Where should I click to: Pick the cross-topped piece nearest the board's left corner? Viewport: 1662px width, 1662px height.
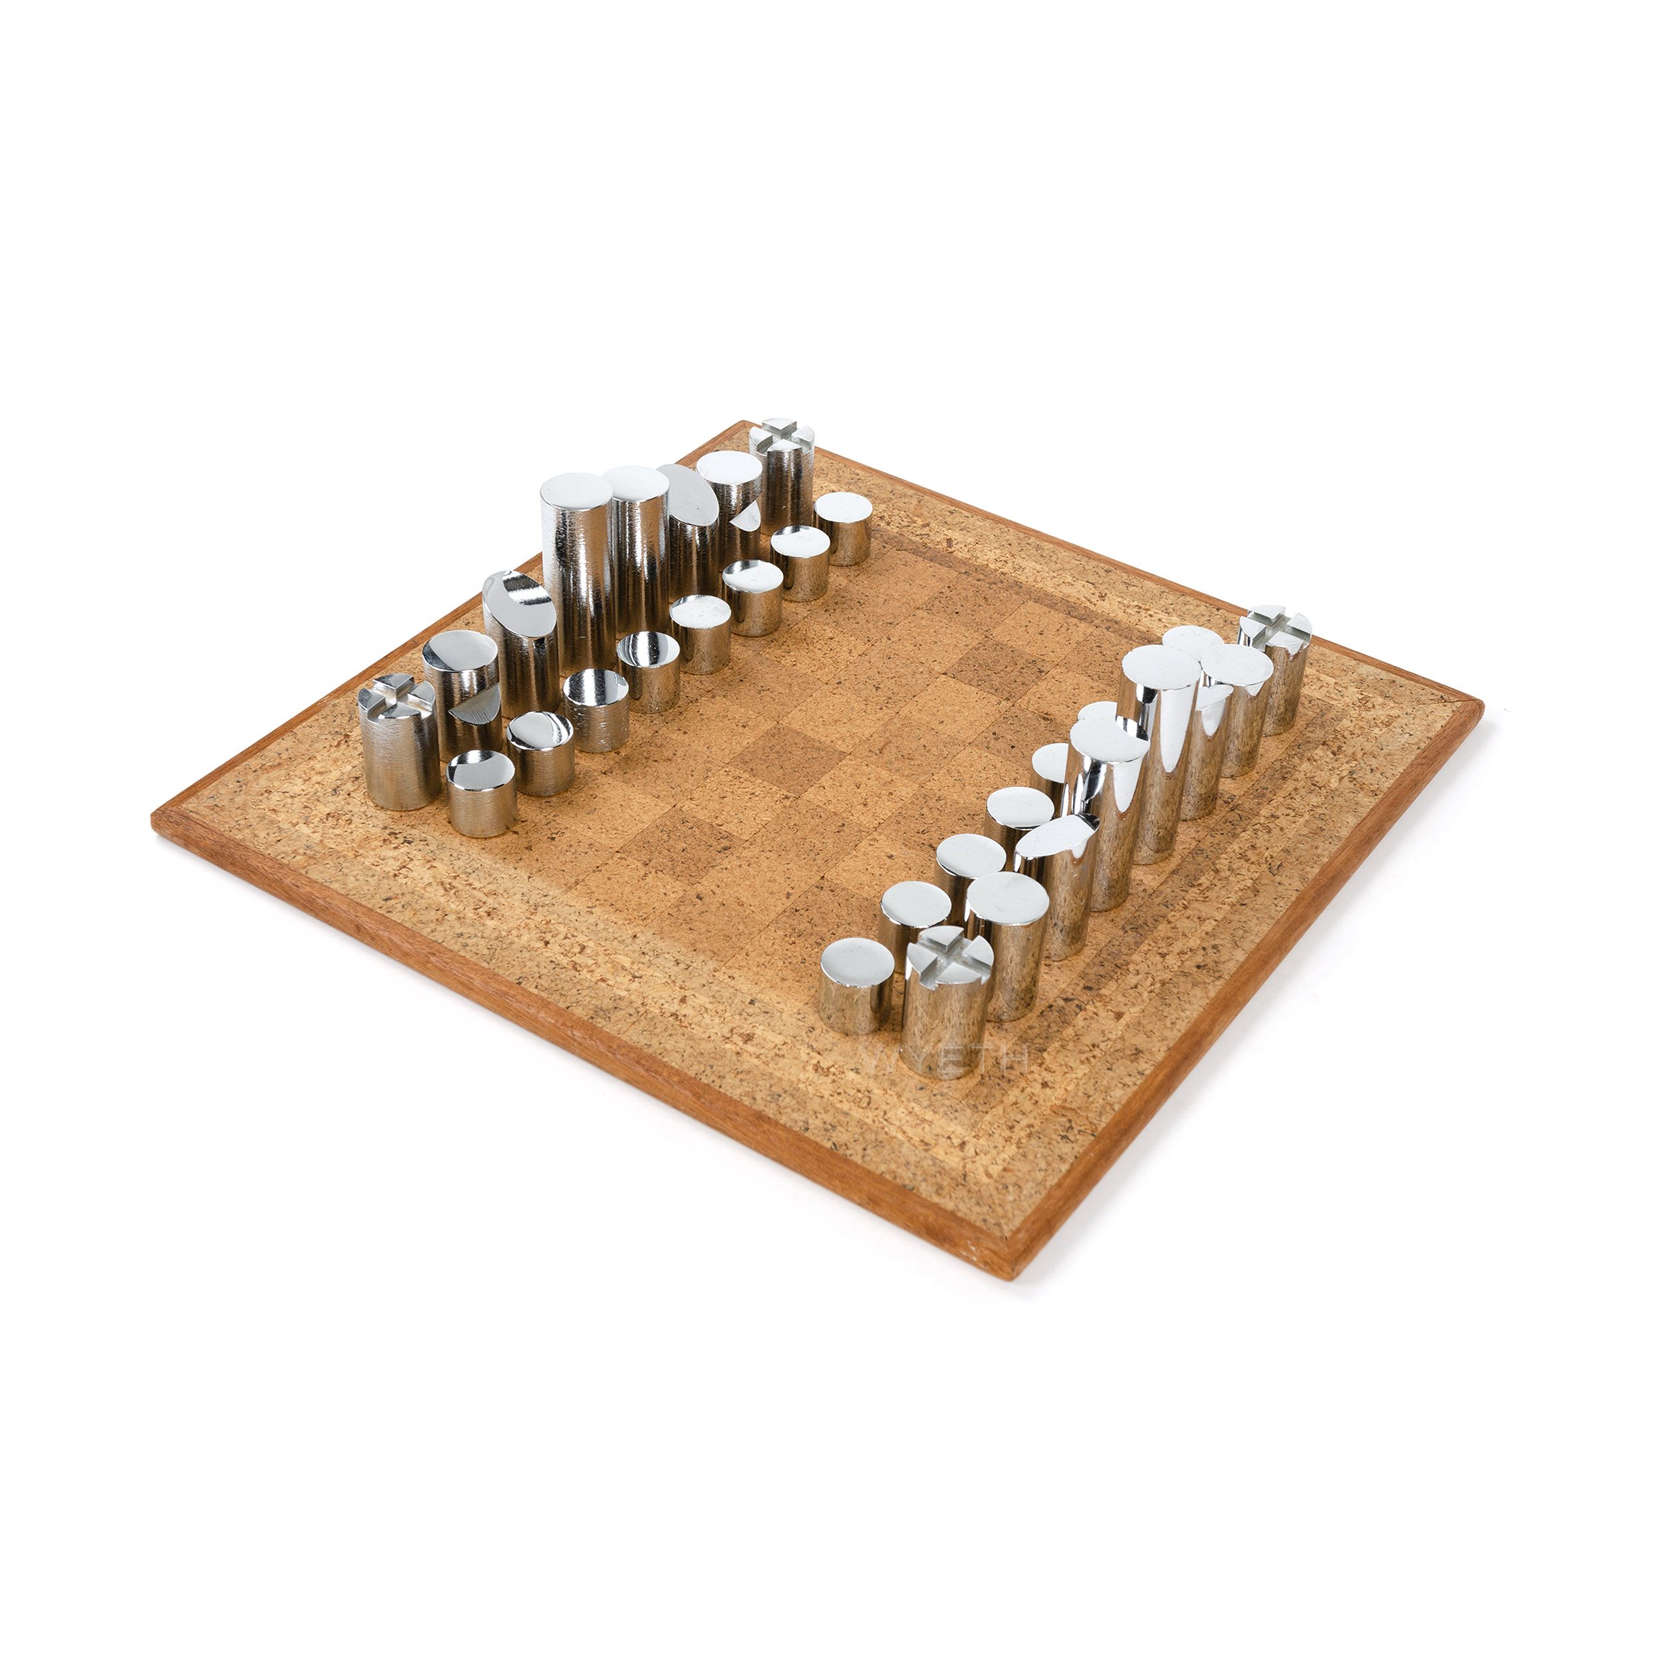tap(399, 741)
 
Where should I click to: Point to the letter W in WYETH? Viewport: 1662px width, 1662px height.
tap(886, 1059)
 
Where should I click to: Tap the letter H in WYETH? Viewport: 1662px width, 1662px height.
tap(1012, 1059)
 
